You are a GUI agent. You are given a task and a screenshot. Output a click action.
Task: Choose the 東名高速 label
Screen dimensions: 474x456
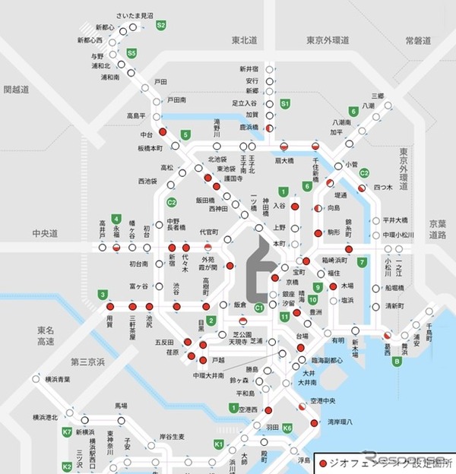click(46, 336)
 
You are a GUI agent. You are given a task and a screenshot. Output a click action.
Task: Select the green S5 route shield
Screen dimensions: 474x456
click(132, 53)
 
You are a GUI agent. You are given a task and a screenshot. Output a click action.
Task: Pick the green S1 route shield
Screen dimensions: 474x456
click(285, 103)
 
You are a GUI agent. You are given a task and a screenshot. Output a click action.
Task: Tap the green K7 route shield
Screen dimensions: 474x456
click(67, 432)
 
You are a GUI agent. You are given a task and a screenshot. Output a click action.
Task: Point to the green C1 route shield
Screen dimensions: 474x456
click(259, 307)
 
